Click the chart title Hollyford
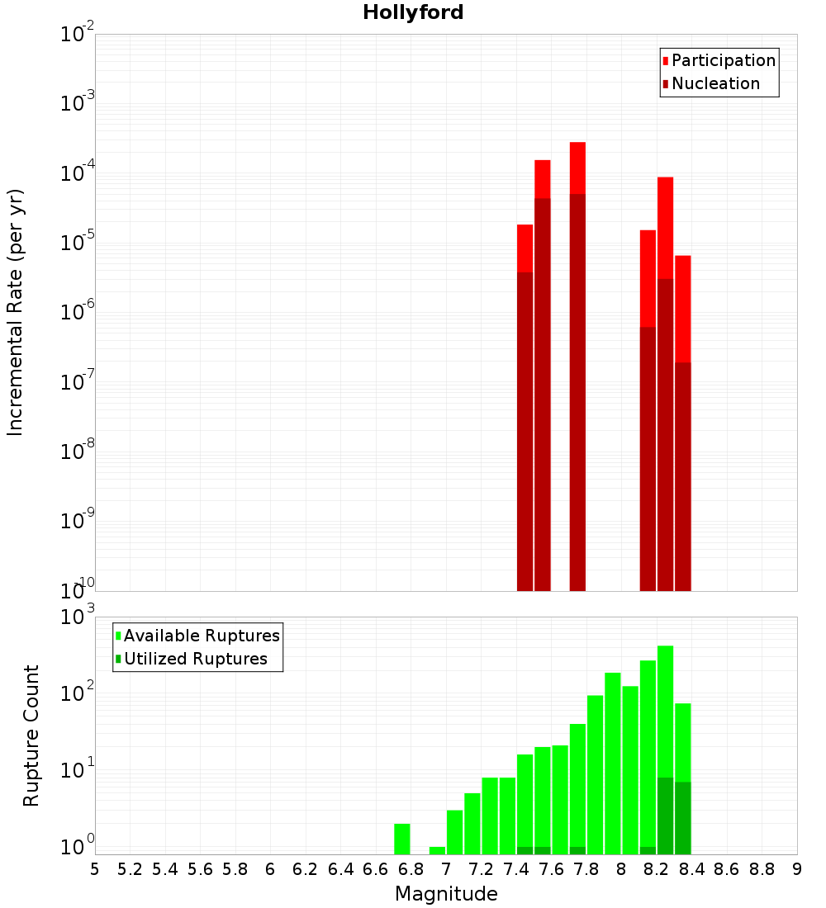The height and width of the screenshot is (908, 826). click(x=413, y=12)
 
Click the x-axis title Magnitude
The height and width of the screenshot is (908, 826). click(x=446, y=894)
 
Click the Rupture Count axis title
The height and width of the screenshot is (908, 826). click(x=31, y=735)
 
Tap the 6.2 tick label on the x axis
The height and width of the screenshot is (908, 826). click(x=306, y=868)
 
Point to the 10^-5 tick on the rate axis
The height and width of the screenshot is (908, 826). click(x=78, y=243)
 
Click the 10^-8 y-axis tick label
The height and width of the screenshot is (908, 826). click(x=78, y=451)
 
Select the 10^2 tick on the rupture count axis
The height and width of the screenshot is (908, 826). click(x=79, y=693)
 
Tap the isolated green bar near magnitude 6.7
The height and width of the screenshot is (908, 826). click(x=402, y=838)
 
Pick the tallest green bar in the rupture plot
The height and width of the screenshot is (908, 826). click(x=665, y=743)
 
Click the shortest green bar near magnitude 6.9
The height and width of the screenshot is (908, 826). click(x=437, y=850)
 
